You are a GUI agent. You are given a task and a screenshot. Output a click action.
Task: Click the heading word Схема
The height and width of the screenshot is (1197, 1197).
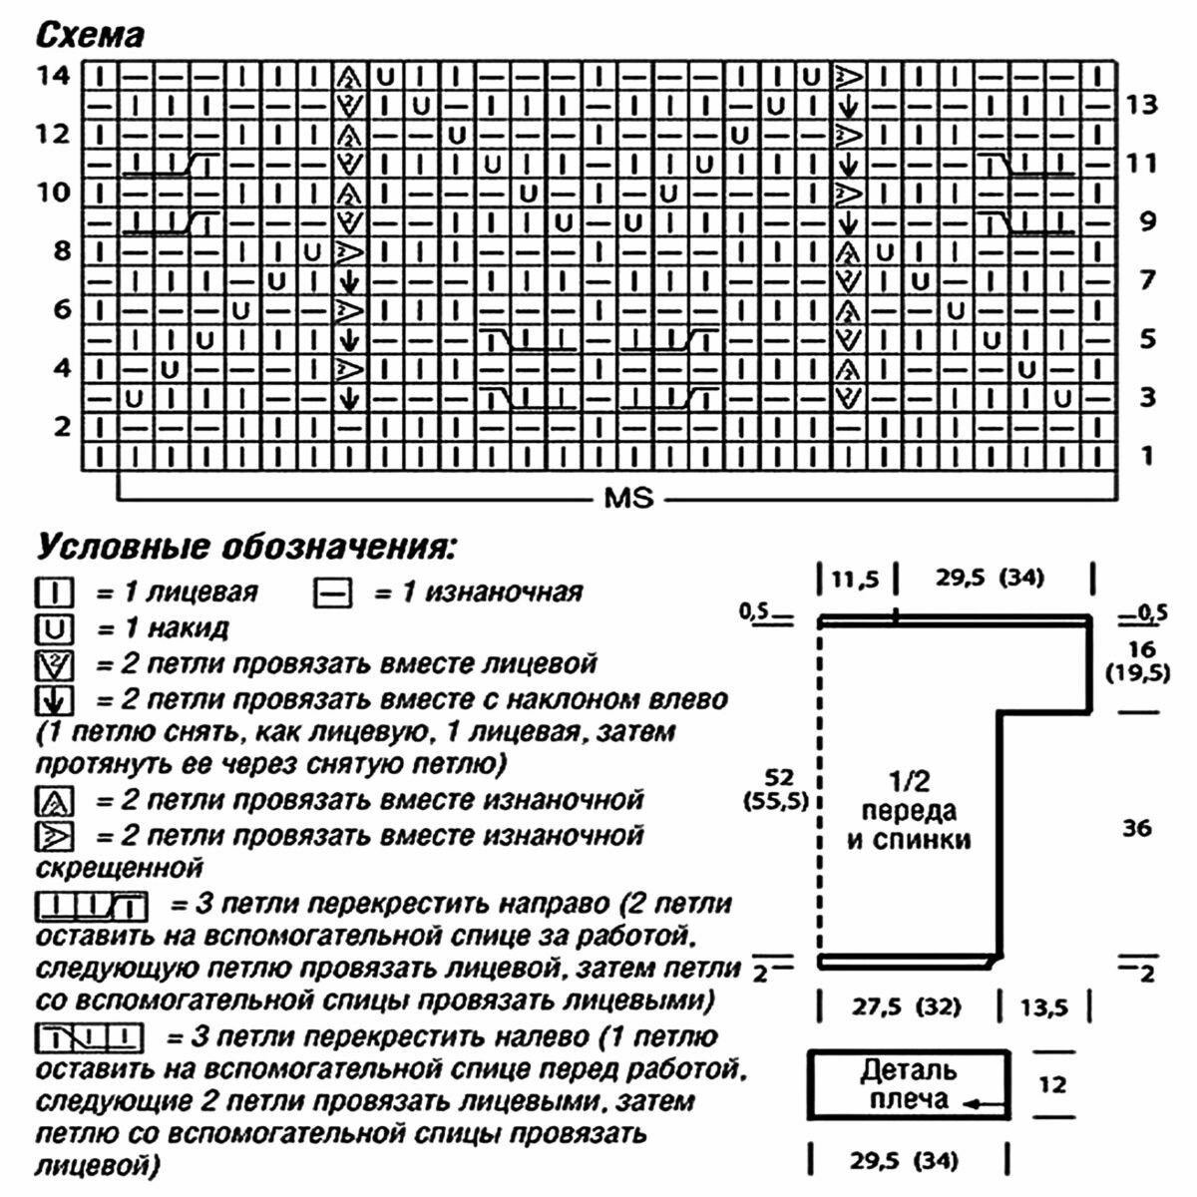(x=91, y=36)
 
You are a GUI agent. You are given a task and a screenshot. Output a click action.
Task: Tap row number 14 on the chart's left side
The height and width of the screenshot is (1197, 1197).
(x=54, y=75)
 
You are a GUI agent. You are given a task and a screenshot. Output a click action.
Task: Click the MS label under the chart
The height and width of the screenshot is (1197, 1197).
(x=628, y=497)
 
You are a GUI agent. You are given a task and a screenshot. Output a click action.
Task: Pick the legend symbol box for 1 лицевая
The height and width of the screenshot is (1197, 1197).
(x=56, y=594)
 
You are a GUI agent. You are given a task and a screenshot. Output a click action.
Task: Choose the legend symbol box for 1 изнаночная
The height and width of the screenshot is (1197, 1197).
(x=332, y=594)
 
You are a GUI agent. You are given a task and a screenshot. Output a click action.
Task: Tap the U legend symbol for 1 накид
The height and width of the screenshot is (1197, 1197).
(x=56, y=628)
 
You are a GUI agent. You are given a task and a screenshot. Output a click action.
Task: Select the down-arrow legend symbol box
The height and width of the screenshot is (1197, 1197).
(x=55, y=700)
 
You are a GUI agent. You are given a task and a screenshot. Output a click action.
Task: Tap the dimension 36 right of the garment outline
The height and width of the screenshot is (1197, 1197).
(x=1137, y=827)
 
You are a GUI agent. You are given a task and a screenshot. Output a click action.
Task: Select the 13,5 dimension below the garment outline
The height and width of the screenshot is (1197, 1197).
(x=1042, y=1007)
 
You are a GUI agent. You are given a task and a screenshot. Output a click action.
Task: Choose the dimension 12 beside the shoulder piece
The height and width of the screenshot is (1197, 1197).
(x=1052, y=1083)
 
